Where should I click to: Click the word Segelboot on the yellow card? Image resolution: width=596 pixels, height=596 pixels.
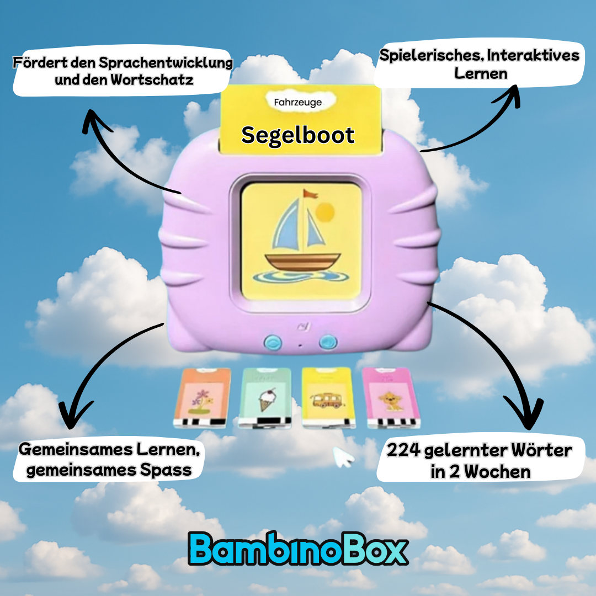coord(298,135)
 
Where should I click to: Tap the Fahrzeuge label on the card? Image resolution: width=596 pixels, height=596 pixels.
coord(298,102)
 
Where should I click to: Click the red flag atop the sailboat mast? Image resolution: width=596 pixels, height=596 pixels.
coord(311,194)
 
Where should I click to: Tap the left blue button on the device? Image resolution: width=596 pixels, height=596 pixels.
coord(271,342)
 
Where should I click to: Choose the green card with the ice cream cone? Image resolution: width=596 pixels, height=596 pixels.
coord(265,397)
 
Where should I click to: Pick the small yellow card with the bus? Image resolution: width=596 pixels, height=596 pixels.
coord(329,397)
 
